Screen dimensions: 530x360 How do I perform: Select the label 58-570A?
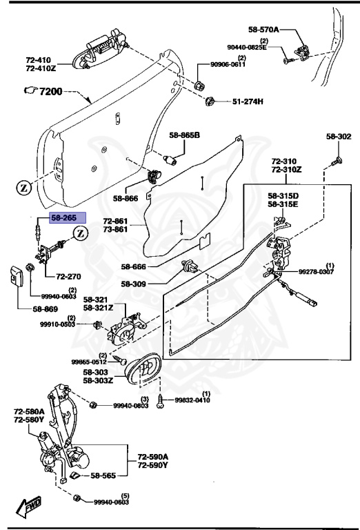click(263, 30)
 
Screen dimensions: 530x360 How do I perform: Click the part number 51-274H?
click(248, 101)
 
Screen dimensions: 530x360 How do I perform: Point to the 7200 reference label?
click(47, 91)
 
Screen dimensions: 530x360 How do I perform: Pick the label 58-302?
click(339, 137)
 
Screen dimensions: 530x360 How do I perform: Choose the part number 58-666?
click(136, 266)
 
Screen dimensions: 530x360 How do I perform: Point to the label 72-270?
click(69, 276)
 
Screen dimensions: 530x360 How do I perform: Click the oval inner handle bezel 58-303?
click(145, 367)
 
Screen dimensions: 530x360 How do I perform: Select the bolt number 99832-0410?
click(192, 400)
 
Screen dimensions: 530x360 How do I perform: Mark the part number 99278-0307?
click(317, 273)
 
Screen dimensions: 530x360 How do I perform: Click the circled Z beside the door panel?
click(22, 188)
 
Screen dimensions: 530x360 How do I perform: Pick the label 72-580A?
click(28, 411)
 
